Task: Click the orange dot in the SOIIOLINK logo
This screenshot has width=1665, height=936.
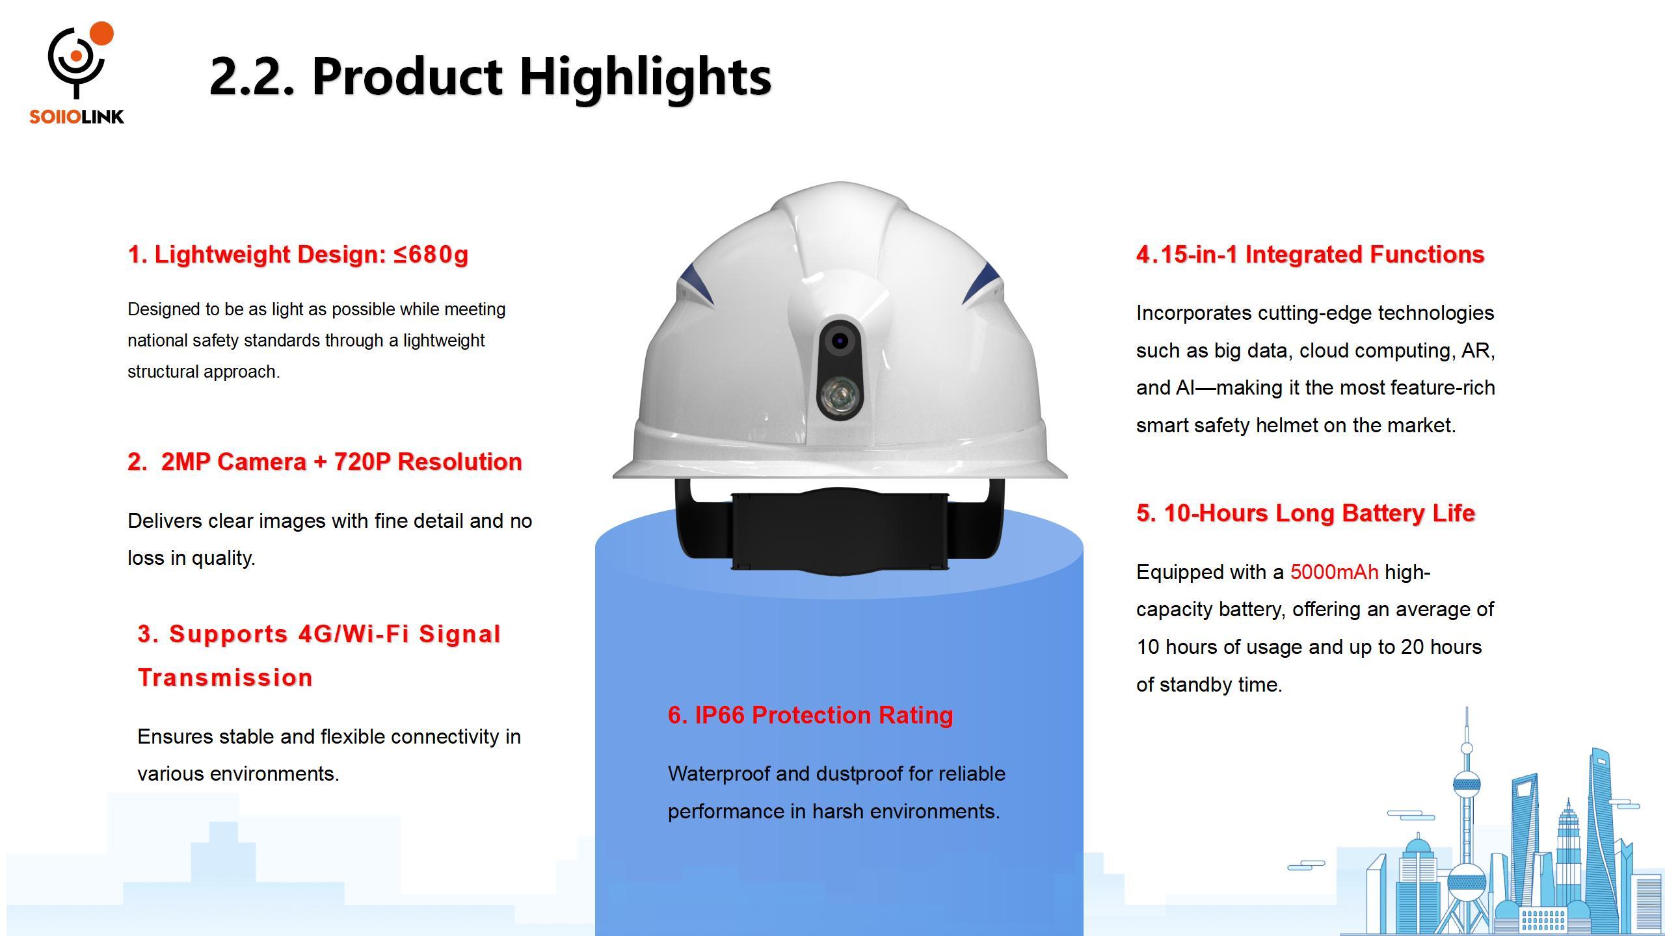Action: [101, 34]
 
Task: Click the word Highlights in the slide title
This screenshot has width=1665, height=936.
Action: [645, 77]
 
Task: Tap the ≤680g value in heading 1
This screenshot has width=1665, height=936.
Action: [431, 254]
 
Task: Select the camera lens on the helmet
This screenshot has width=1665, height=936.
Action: [840, 341]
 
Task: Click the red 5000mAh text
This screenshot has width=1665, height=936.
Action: [1334, 572]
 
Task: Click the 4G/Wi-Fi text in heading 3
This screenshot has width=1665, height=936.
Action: [354, 634]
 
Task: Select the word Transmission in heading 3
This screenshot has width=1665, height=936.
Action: [225, 677]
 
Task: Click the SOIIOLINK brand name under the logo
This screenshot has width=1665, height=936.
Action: [77, 117]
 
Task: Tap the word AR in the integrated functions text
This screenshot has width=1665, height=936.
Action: [1476, 350]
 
